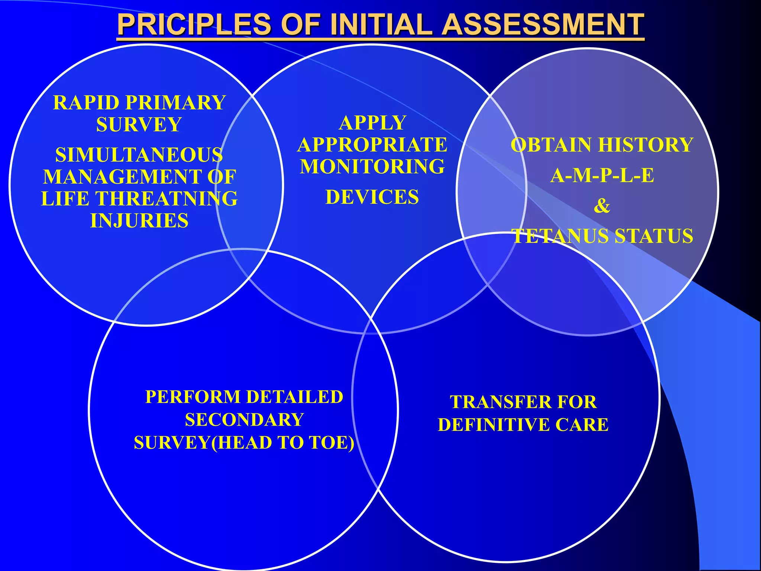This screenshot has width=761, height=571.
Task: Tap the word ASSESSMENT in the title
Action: coord(543,25)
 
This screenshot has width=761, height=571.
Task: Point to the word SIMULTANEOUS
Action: coord(139,155)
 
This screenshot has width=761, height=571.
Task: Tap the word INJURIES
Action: coord(139,221)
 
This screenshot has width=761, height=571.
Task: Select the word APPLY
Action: coord(372,123)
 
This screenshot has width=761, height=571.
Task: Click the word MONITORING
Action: coord(372,167)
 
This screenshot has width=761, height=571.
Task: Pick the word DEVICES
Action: coord(372,197)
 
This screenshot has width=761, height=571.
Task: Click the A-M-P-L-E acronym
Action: coord(602,175)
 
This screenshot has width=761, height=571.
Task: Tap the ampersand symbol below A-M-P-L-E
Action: coord(602,206)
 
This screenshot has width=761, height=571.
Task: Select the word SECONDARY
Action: coord(244,420)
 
